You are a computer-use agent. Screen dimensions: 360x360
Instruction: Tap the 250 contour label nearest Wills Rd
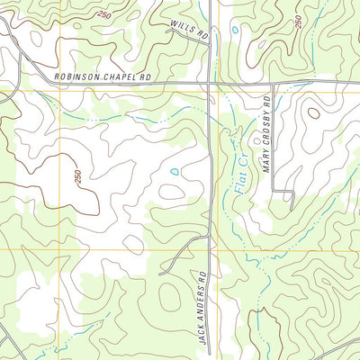tap(105, 15)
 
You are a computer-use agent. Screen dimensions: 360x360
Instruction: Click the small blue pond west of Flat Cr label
tap(174, 171)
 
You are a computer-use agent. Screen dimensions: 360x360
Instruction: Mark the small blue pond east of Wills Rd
tap(236, 30)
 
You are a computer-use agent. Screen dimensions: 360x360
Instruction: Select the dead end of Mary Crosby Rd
tap(293, 205)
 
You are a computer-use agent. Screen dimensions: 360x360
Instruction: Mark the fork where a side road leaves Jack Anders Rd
tap(209, 236)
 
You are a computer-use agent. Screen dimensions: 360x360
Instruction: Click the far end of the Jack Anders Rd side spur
tap(161, 272)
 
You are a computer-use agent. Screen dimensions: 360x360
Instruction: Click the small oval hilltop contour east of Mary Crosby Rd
tap(312, 112)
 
